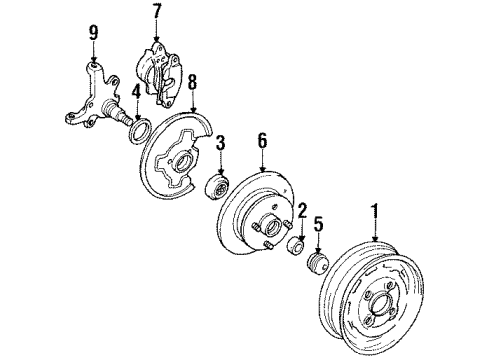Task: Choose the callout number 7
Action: pyautogui.click(x=156, y=13)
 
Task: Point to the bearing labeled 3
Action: pyautogui.click(x=219, y=188)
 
